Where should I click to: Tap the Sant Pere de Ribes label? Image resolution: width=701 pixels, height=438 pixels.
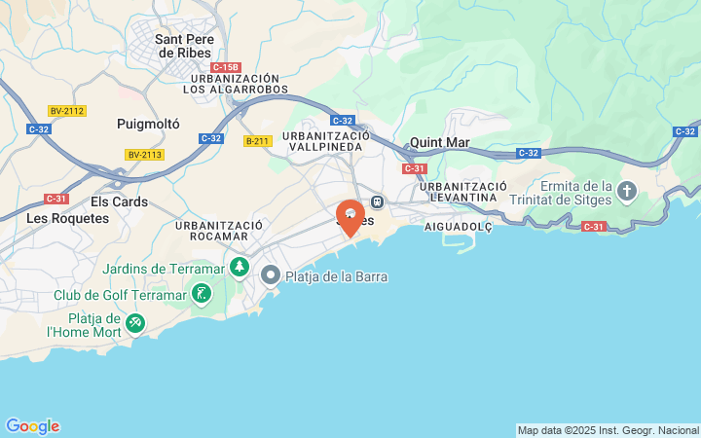click(x=179, y=46)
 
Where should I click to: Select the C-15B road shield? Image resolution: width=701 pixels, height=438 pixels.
click(x=226, y=64)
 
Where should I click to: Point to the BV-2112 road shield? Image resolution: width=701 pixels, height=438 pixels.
click(x=67, y=111)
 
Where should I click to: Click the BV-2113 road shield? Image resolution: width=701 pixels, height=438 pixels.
click(x=145, y=155)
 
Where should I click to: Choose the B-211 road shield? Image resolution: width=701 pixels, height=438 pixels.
click(x=257, y=141)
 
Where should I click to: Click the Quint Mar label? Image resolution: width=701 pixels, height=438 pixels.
click(x=440, y=142)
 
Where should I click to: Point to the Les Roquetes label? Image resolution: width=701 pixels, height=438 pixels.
click(x=67, y=218)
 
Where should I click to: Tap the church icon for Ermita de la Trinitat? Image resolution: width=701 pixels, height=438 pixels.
click(x=626, y=192)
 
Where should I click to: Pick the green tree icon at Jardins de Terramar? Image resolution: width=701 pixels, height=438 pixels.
click(x=240, y=267)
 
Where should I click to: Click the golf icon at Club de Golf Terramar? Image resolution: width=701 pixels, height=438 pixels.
click(x=202, y=293)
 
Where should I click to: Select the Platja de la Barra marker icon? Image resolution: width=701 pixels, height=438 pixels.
click(x=271, y=276)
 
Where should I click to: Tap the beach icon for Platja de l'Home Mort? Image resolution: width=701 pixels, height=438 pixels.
click(x=136, y=320)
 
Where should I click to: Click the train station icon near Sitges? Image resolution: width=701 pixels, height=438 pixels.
click(x=378, y=201)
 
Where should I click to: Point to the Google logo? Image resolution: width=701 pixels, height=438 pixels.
click(x=32, y=426)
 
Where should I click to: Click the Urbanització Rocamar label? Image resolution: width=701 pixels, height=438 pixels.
click(x=219, y=231)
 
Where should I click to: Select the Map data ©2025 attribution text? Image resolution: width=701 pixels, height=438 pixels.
click(x=609, y=430)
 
